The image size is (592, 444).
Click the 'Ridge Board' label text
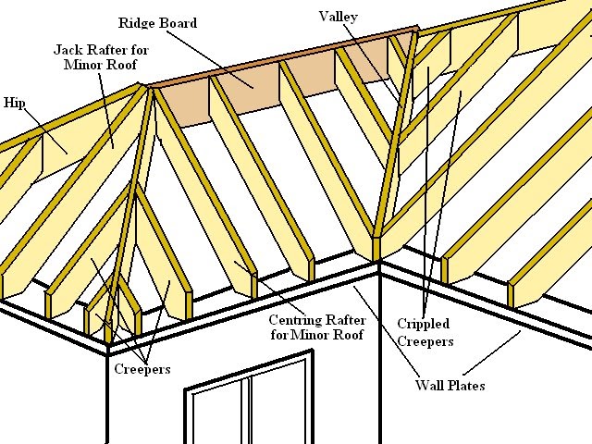pyautogui.click(x=158, y=21)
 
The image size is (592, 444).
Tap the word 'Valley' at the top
pyautogui.click(x=339, y=17)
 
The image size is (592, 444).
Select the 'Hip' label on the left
pyautogui.click(x=14, y=102)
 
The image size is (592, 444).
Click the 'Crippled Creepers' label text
pyautogui.click(x=425, y=333)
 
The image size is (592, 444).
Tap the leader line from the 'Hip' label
pyautogui.click(x=41, y=126)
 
